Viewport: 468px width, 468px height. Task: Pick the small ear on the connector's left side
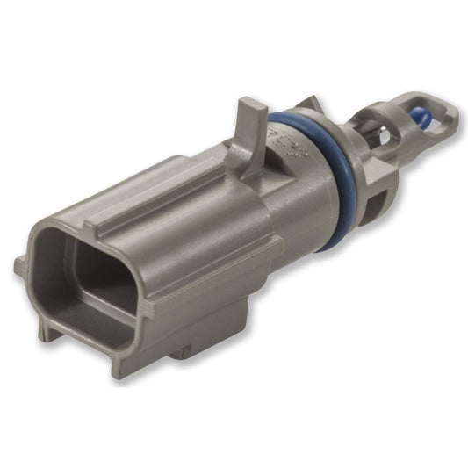tap(21, 264)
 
